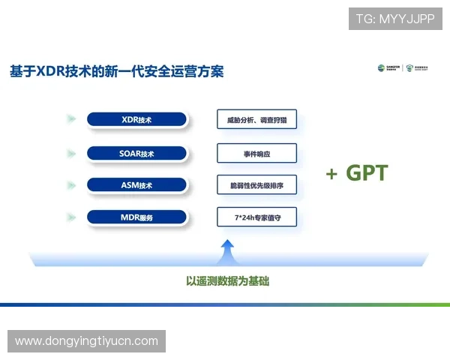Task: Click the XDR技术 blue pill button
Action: click(x=136, y=119)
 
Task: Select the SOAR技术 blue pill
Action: click(x=136, y=153)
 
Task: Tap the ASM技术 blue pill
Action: click(x=136, y=184)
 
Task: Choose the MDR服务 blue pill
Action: click(x=136, y=217)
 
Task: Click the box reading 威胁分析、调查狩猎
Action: click(x=256, y=119)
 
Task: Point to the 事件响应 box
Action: click(x=256, y=153)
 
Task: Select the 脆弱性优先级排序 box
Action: click(x=256, y=184)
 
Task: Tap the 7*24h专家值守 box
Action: click(x=256, y=217)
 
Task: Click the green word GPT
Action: click(x=367, y=173)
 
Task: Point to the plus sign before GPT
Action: click(x=331, y=174)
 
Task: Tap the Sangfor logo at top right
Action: click(x=389, y=68)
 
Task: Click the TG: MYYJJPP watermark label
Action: click(x=395, y=19)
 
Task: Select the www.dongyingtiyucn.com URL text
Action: click(x=86, y=341)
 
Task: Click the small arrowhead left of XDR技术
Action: click(x=71, y=119)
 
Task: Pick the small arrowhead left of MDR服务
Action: click(x=71, y=217)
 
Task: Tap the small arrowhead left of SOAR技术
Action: click(x=71, y=153)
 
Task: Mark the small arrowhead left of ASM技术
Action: click(x=71, y=184)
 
